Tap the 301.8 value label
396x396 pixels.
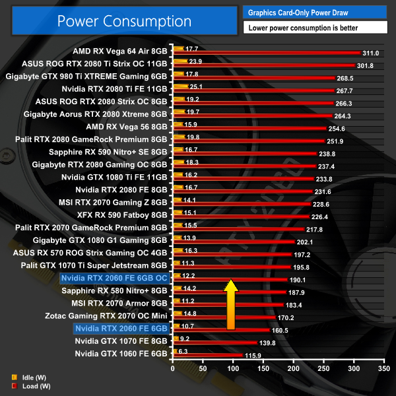click(365, 65)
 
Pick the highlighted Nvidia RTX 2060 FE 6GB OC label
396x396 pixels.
click(114, 278)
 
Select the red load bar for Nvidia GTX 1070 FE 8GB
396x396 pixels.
click(214, 344)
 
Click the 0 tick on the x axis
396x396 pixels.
click(173, 368)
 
